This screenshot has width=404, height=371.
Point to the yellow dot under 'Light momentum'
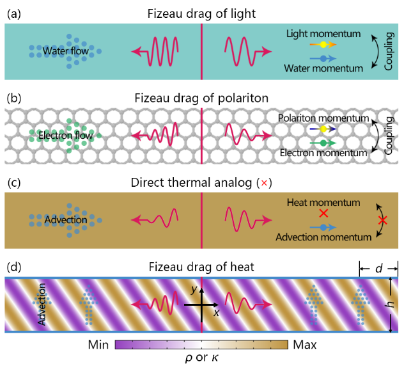324,45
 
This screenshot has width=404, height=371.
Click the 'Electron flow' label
65,136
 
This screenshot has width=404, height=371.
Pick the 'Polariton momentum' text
324,118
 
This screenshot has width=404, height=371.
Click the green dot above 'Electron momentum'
324,142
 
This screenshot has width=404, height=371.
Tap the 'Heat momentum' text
322,203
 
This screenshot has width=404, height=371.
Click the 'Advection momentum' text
323,237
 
